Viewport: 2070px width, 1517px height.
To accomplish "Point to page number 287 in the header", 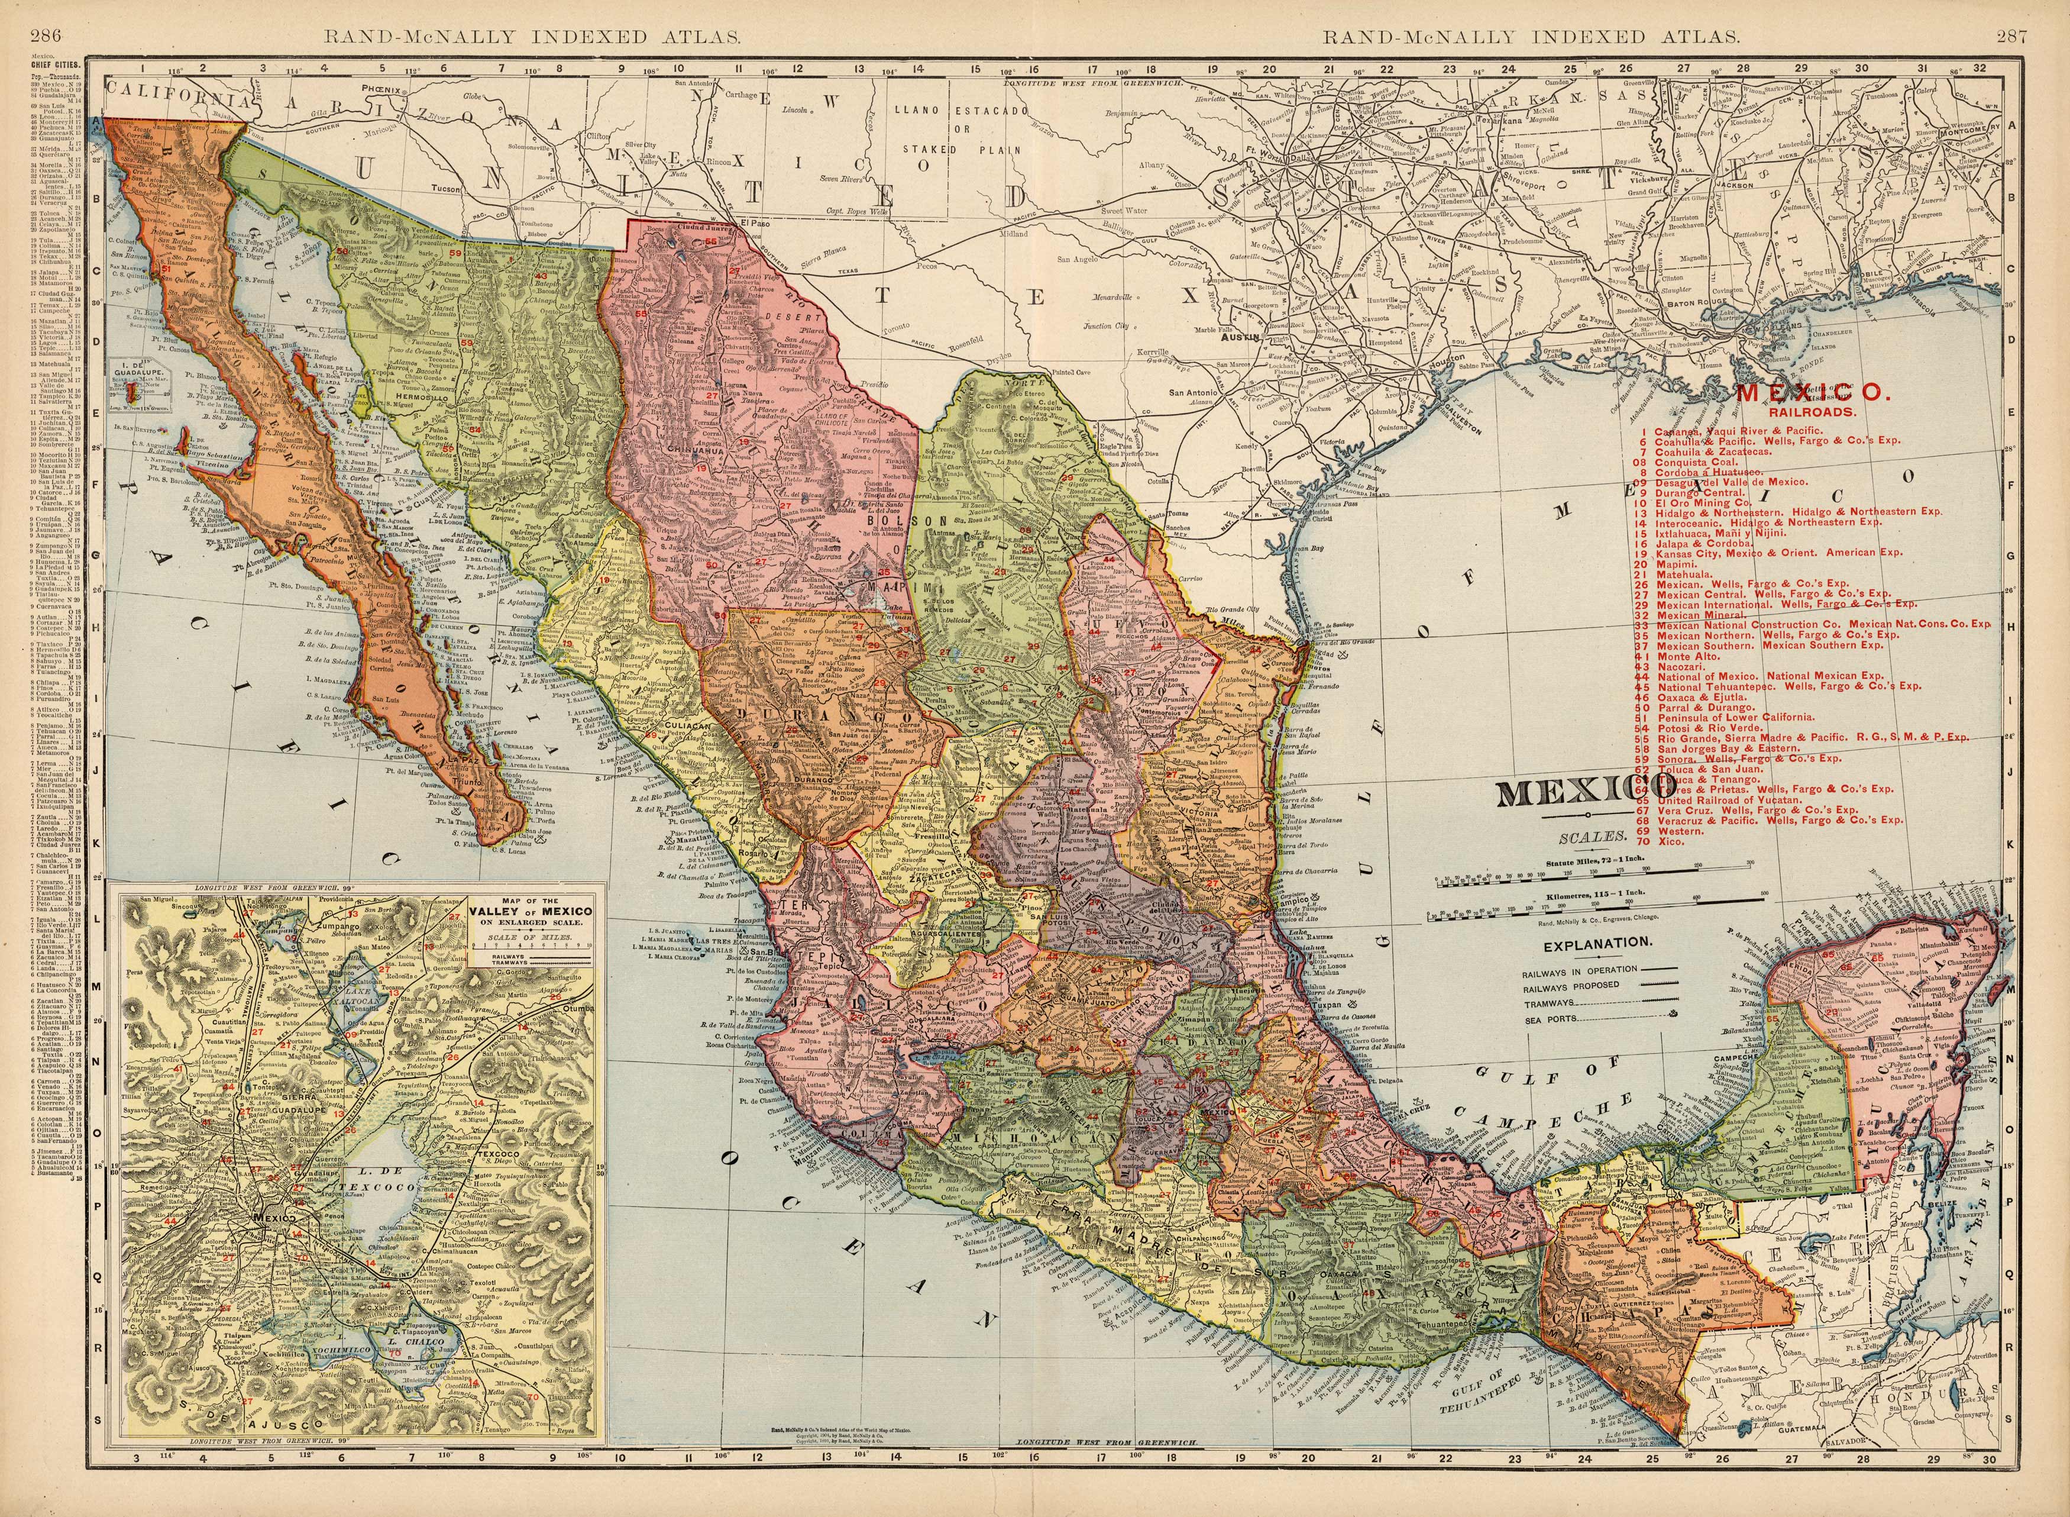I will coord(2028,12).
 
